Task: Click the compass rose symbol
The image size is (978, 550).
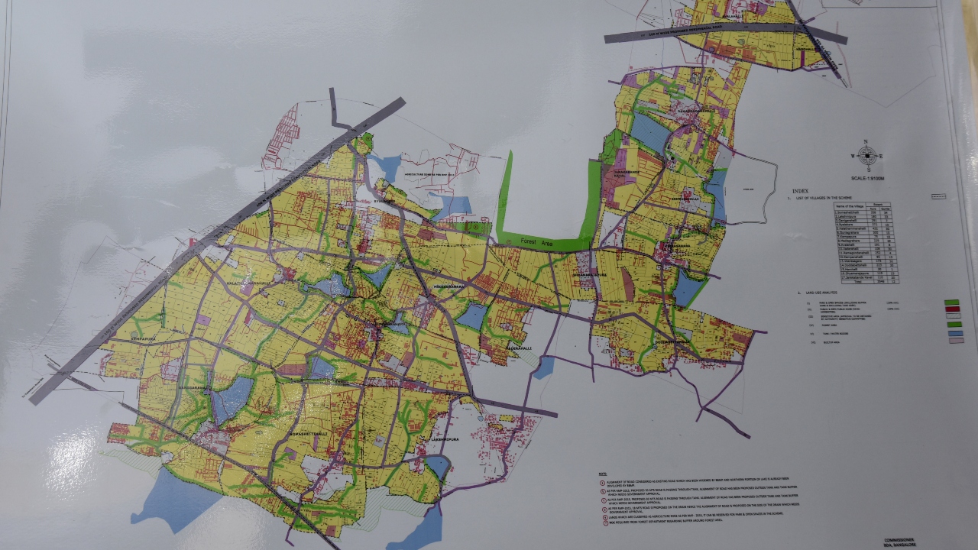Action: [x=867, y=156]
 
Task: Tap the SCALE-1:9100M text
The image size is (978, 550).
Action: [x=870, y=177]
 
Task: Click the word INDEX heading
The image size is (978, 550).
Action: [x=801, y=191]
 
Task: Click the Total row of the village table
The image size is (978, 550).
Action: [x=865, y=280]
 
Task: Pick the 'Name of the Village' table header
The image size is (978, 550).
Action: [x=850, y=207]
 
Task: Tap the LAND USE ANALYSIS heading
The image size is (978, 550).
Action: [x=811, y=293]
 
